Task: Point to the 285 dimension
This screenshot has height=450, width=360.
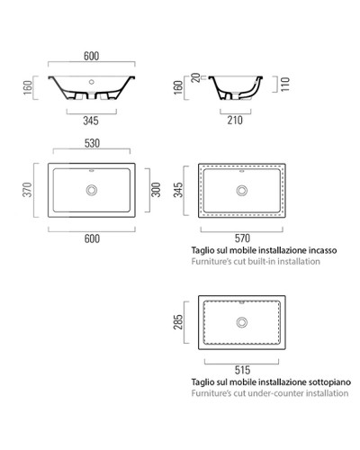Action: pyautogui.click(x=180, y=322)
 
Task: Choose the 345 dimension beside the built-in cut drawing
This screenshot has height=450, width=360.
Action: pyautogui.click(x=180, y=191)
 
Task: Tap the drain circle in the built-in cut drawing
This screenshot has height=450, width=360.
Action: pyautogui.click(x=240, y=189)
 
